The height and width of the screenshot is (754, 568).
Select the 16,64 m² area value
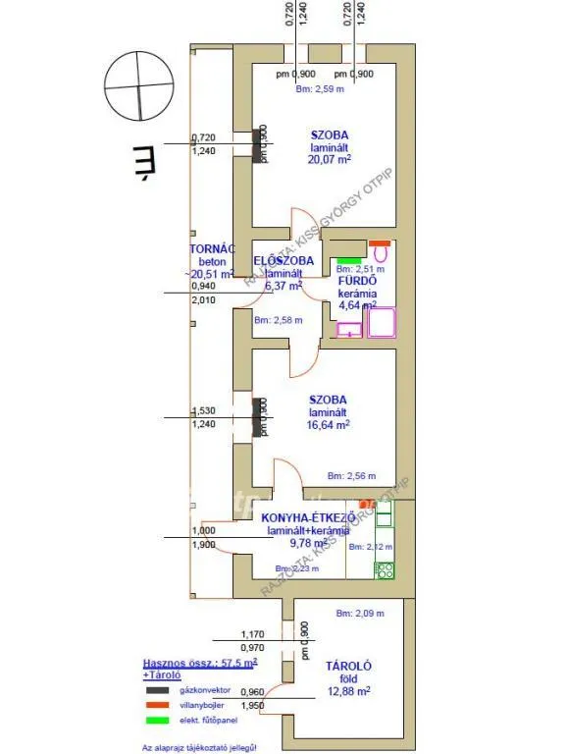[329, 425]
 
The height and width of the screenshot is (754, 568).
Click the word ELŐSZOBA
[284, 260]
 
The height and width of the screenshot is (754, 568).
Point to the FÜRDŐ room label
[358, 280]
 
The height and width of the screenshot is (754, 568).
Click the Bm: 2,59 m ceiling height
[321, 89]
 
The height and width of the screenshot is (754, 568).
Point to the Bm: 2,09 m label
[358, 614]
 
